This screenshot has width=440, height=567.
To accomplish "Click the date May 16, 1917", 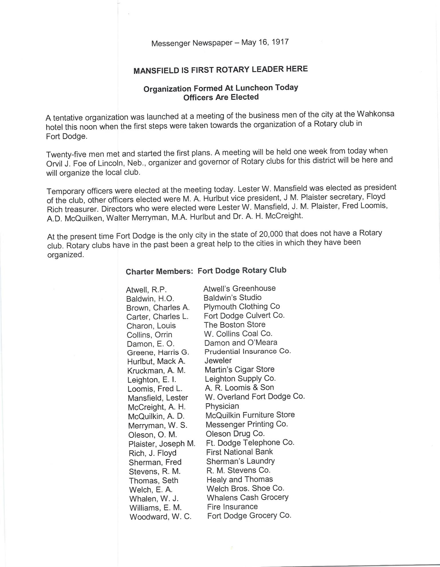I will [265, 42].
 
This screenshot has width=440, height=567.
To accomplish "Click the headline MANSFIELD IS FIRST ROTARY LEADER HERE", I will [221, 70].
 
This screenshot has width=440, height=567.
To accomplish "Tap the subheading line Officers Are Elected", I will [221, 97].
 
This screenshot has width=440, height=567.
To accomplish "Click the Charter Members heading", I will [159, 271].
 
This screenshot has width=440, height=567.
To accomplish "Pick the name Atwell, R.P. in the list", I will [146, 290].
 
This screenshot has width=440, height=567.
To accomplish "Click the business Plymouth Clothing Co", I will [241, 306].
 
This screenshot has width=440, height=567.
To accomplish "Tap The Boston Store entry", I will [235, 325].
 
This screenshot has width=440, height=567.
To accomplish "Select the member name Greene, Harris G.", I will [158, 353].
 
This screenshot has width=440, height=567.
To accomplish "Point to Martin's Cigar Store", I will [239, 369].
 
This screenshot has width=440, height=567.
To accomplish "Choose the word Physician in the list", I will [222, 406].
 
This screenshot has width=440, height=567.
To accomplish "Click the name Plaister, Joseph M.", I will [162, 444].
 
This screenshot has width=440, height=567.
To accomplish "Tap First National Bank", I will [239, 452].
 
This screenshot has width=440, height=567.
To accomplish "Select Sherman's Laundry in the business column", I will [240, 461].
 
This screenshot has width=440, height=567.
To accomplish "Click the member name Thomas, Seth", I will [154, 481].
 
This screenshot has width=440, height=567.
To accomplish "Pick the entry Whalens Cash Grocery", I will [247, 497].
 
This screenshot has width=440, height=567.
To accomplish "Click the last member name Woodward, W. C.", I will [160, 517].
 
